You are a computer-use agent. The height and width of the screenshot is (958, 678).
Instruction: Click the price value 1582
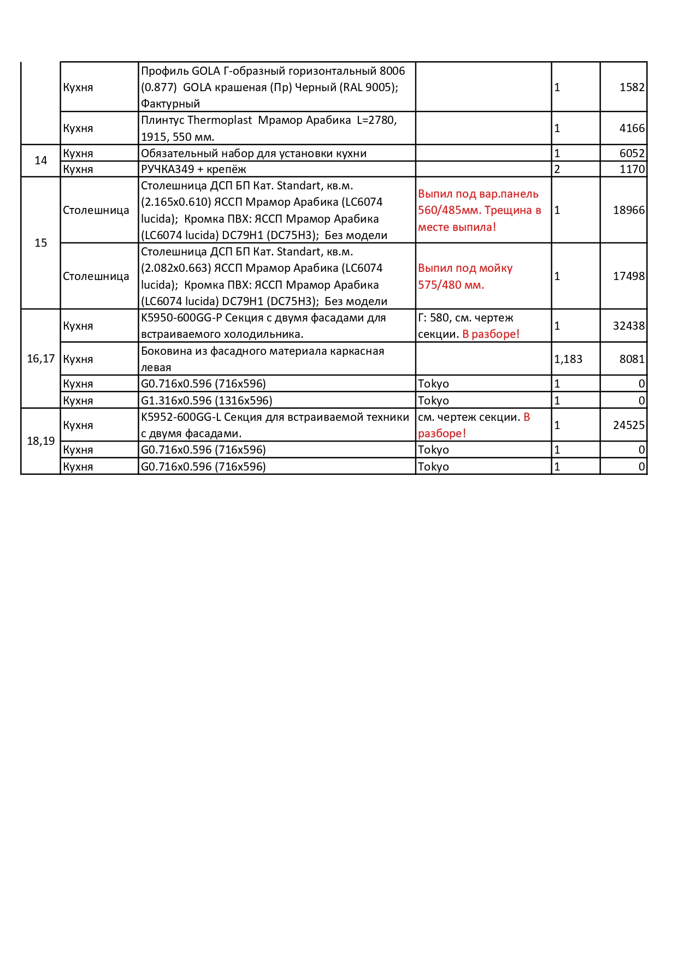[632, 87]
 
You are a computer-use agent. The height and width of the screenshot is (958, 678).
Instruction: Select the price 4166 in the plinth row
[632, 128]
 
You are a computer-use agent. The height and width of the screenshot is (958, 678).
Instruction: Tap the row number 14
[41, 160]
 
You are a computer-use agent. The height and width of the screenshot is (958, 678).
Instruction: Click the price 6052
[632, 153]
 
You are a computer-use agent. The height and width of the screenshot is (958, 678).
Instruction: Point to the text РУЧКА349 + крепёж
[193, 169]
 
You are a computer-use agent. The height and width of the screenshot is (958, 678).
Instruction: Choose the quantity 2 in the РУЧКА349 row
[557, 169]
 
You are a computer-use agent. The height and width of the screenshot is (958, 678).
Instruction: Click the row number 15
[41, 243]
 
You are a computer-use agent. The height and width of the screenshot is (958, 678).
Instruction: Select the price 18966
[628, 210]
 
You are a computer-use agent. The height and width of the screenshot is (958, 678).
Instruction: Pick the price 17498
[628, 276]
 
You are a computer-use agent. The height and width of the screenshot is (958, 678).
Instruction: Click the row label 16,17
[41, 359]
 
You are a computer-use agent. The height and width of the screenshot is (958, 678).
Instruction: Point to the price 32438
[628, 326]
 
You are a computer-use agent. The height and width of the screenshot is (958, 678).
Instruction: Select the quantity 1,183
[568, 359]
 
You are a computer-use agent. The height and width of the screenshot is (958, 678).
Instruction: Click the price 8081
[632, 359]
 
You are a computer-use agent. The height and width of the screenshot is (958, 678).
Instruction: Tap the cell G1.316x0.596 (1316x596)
[207, 401]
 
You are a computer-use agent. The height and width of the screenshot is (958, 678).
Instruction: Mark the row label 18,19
[41, 441]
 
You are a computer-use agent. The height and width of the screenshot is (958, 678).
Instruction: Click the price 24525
[628, 425]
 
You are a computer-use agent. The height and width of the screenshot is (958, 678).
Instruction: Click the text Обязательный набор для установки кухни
[253, 153]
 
